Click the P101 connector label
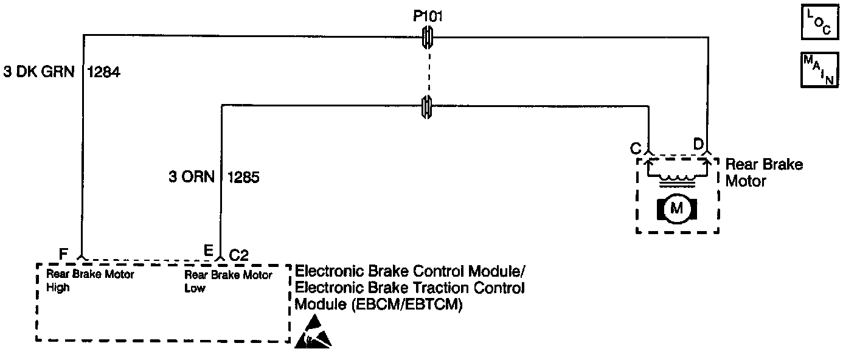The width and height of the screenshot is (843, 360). click(428, 16)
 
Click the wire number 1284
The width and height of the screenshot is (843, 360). click(104, 72)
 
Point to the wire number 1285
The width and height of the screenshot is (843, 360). click(245, 177)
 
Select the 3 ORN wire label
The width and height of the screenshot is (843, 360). click(192, 177)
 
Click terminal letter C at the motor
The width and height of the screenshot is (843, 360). click(635, 148)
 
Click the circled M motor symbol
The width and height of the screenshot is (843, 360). click(676, 209)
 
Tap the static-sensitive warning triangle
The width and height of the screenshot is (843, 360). click(313, 333)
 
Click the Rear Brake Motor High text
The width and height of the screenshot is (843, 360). click(91, 280)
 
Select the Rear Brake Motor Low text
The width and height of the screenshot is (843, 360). click(228, 280)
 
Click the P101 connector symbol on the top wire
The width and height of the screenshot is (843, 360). click(428, 38)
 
